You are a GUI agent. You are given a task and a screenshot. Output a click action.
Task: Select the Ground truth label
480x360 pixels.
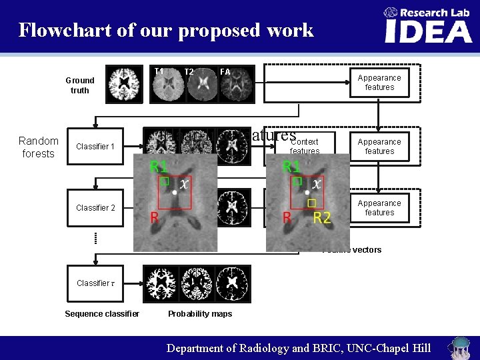(80, 85)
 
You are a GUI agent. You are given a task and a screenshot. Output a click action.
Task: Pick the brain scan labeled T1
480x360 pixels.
(166, 85)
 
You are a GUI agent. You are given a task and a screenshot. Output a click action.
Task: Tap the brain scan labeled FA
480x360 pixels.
(235, 85)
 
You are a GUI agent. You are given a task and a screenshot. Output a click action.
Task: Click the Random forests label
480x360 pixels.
(39, 147)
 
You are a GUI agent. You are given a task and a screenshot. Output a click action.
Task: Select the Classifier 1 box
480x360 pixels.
(95, 147)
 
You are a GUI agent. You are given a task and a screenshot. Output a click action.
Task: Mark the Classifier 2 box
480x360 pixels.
(95, 208)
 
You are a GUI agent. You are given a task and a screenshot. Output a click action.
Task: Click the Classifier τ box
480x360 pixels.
(96, 283)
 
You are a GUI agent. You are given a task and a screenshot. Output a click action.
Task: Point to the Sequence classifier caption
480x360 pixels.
(102, 314)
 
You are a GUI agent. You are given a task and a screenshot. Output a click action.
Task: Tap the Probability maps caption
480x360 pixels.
(200, 314)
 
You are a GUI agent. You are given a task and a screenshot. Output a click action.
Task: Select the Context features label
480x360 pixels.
(305, 146)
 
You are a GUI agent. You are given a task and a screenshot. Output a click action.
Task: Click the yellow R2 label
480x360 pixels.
(321, 217)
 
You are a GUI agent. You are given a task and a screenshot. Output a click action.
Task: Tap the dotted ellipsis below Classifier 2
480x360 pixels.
(95, 237)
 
